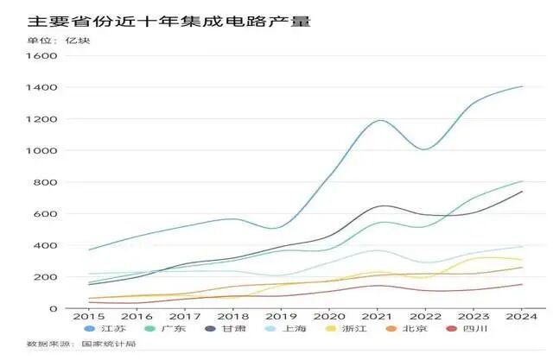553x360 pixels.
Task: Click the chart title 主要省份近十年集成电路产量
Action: click(163, 19)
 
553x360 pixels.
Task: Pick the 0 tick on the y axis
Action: click(53, 309)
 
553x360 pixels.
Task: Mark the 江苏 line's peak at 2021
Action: click(378, 120)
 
